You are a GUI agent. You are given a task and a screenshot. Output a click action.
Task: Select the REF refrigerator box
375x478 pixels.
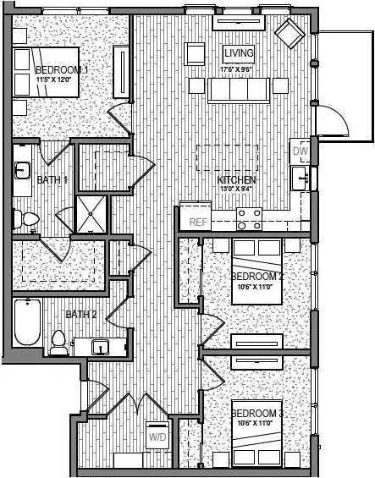[x=197, y=222]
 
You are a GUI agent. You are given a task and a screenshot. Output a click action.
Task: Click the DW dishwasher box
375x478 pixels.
[x=299, y=151]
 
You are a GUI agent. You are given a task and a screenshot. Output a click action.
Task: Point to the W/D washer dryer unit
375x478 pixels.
[x=157, y=437]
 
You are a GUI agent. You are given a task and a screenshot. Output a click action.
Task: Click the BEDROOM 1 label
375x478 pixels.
[x=62, y=70]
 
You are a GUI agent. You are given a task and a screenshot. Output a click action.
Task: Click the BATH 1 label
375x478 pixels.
[x=52, y=179]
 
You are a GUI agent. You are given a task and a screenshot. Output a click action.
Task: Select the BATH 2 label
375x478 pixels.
[x=81, y=315]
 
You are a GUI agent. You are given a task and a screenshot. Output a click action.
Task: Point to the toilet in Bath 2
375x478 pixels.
[x=58, y=343]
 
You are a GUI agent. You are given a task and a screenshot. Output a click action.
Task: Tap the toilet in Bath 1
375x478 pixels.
[x=28, y=220]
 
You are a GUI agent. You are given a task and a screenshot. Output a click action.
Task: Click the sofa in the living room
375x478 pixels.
[x=239, y=89]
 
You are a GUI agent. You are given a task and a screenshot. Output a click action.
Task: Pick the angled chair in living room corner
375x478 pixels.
[x=290, y=34]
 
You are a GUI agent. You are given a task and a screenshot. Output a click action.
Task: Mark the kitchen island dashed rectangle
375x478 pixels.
[x=227, y=159]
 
